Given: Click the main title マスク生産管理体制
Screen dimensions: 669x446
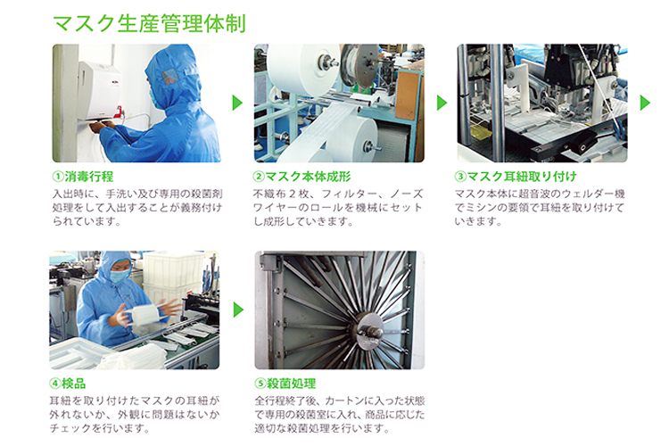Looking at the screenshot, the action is [x=149, y=23].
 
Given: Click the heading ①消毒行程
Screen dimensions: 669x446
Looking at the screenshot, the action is [x=83, y=177].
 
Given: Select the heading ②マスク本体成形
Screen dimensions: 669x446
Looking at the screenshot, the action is [x=301, y=177].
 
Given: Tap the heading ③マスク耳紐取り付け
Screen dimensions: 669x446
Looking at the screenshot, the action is [x=516, y=177].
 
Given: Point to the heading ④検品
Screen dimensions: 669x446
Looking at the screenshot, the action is [x=68, y=384].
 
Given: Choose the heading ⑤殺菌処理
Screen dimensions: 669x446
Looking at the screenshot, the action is [x=285, y=384].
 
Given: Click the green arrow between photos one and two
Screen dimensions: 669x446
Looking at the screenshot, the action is [x=237, y=103].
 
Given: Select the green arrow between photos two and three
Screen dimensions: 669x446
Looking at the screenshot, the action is [x=442, y=103].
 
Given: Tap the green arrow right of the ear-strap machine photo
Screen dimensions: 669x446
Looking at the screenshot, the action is [x=645, y=103].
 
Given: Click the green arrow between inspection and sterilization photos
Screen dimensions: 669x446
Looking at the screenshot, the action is [x=238, y=310].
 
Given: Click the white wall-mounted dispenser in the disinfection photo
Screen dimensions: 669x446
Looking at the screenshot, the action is [x=99, y=89].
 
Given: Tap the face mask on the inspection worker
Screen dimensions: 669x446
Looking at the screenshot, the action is [x=119, y=277].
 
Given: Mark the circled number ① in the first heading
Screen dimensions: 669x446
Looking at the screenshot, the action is [x=58, y=177].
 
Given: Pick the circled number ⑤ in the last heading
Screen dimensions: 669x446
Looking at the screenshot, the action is [x=260, y=384].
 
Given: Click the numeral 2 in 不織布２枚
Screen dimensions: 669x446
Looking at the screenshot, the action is [x=293, y=194].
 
